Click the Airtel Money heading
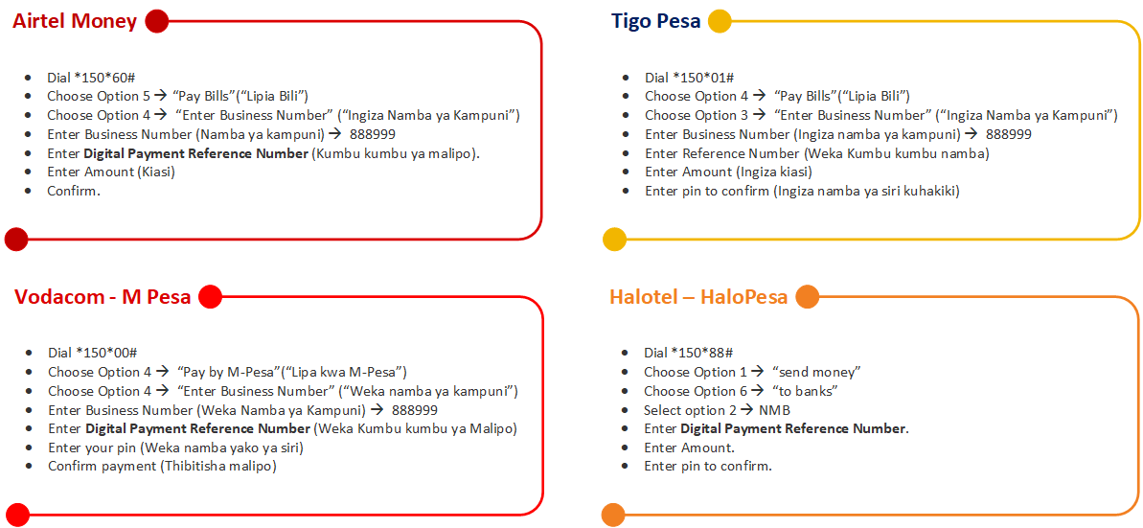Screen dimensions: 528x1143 click(x=75, y=21)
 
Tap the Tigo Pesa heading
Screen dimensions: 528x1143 click(x=656, y=21)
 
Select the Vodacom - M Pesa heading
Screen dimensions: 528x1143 click(x=103, y=297)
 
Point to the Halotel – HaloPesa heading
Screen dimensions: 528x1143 click(x=698, y=297)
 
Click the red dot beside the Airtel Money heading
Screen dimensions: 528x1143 click(x=157, y=21)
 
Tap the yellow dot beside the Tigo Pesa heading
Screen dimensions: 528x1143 click(x=720, y=21)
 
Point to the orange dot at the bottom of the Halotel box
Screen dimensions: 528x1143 click(x=613, y=515)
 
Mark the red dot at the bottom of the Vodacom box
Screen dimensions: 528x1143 click(x=17, y=515)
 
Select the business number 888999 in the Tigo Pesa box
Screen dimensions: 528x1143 click(x=1009, y=134)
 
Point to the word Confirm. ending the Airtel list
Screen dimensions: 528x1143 click(x=74, y=191)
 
